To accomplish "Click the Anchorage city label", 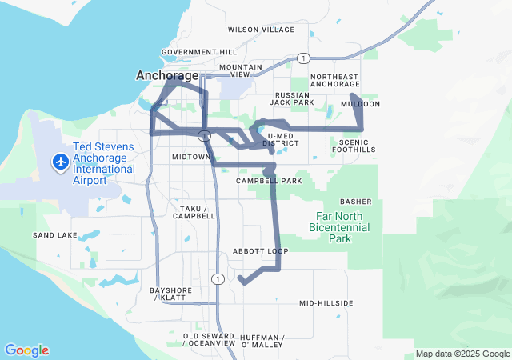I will click(x=167, y=75).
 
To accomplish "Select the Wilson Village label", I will click(x=261, y=30).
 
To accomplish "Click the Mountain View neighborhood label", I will click(x=241, y=71).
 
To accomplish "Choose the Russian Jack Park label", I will click(x=291, y=98).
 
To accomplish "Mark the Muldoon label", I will click(x=360, y=104).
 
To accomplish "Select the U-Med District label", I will click(x=285, y=140).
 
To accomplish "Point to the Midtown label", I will click(x=190, y=158).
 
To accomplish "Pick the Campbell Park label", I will click(x=269, y=181).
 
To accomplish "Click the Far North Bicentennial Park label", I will click(x=340, y=228).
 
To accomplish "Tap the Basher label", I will click(x=356, y=202).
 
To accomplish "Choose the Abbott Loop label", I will click(x=260, y=251).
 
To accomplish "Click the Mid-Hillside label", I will click(x=326, y=303).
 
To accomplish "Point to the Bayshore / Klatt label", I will click(x=168, y=294).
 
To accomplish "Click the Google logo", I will click(x=26, y=350).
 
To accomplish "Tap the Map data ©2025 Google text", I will click(x=462, y=354).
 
